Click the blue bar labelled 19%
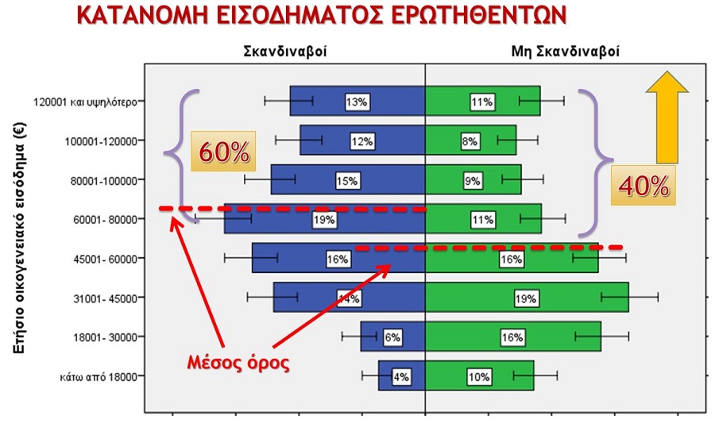270,218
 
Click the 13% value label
356,102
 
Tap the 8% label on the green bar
470,141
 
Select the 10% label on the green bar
480,376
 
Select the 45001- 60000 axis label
103,258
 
